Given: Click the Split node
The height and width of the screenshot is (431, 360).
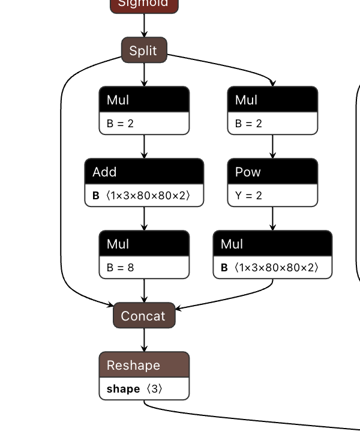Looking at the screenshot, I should (x=144, y=50).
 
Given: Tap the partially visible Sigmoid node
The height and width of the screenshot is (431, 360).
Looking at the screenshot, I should (x=144, y=5).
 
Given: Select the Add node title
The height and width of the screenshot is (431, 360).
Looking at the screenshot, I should (x=144, y=172).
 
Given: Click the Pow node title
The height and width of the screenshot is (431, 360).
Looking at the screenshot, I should (x=272, y=172).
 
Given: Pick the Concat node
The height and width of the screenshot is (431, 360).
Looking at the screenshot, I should (x=144, y=316).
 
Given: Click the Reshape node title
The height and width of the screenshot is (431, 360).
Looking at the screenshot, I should (x=144, y=365).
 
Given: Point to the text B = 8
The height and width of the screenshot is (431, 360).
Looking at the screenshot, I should (x=121, y=268).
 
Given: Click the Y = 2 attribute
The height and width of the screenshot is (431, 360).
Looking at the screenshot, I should (x=249, y=196).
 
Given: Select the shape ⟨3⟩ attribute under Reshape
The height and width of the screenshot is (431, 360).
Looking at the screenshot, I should (x=134, y=389).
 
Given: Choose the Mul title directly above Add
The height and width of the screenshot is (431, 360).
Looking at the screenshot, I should (x=144, y=100).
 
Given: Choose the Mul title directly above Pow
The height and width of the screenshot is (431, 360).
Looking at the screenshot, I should (x=272, y=100).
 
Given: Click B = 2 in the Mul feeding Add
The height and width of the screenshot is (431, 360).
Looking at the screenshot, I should (x=121, y=124).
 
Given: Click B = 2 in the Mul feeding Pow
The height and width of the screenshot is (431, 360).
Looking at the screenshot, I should (x=249, y=124).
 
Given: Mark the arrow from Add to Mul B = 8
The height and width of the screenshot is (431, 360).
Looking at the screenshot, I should (x=144, y=219).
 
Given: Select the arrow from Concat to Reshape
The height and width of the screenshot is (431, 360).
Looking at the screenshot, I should (x=144, y=340).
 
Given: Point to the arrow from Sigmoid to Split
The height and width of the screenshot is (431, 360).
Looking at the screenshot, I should (x=144, y=25).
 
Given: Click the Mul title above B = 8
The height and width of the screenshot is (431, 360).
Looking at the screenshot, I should (x=144, y=244).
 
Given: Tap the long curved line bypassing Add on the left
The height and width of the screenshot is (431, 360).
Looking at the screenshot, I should (x=61, y=180).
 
